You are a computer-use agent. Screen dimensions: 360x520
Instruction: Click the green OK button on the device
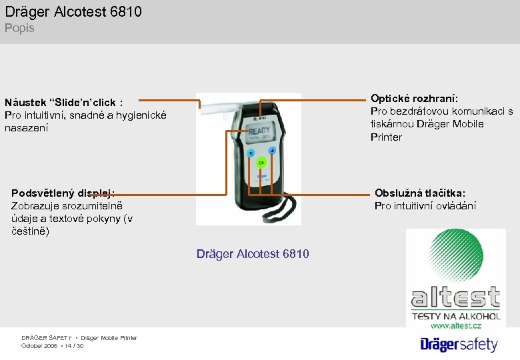pos(262,162)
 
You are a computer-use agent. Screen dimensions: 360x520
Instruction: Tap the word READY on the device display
pos(259,131)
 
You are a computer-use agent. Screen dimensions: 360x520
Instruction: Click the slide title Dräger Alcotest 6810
pos(73,11)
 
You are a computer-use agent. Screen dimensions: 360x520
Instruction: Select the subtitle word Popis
pos(19,28)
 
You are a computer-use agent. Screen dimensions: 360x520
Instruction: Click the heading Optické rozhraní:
pos(414,98)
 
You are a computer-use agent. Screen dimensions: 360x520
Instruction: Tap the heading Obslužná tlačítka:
pos(420,193)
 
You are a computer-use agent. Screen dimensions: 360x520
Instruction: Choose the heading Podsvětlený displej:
pos(63,193)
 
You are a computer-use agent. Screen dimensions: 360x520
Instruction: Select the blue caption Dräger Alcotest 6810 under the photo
pos(253,253)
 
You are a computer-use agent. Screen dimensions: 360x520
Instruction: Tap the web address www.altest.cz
pos(456,325)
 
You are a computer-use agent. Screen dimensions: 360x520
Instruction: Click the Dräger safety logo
pos(459,344)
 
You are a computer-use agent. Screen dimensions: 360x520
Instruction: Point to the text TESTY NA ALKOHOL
pos(456,315)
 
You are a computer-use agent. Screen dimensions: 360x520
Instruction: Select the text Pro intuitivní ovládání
pos(425,205)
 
